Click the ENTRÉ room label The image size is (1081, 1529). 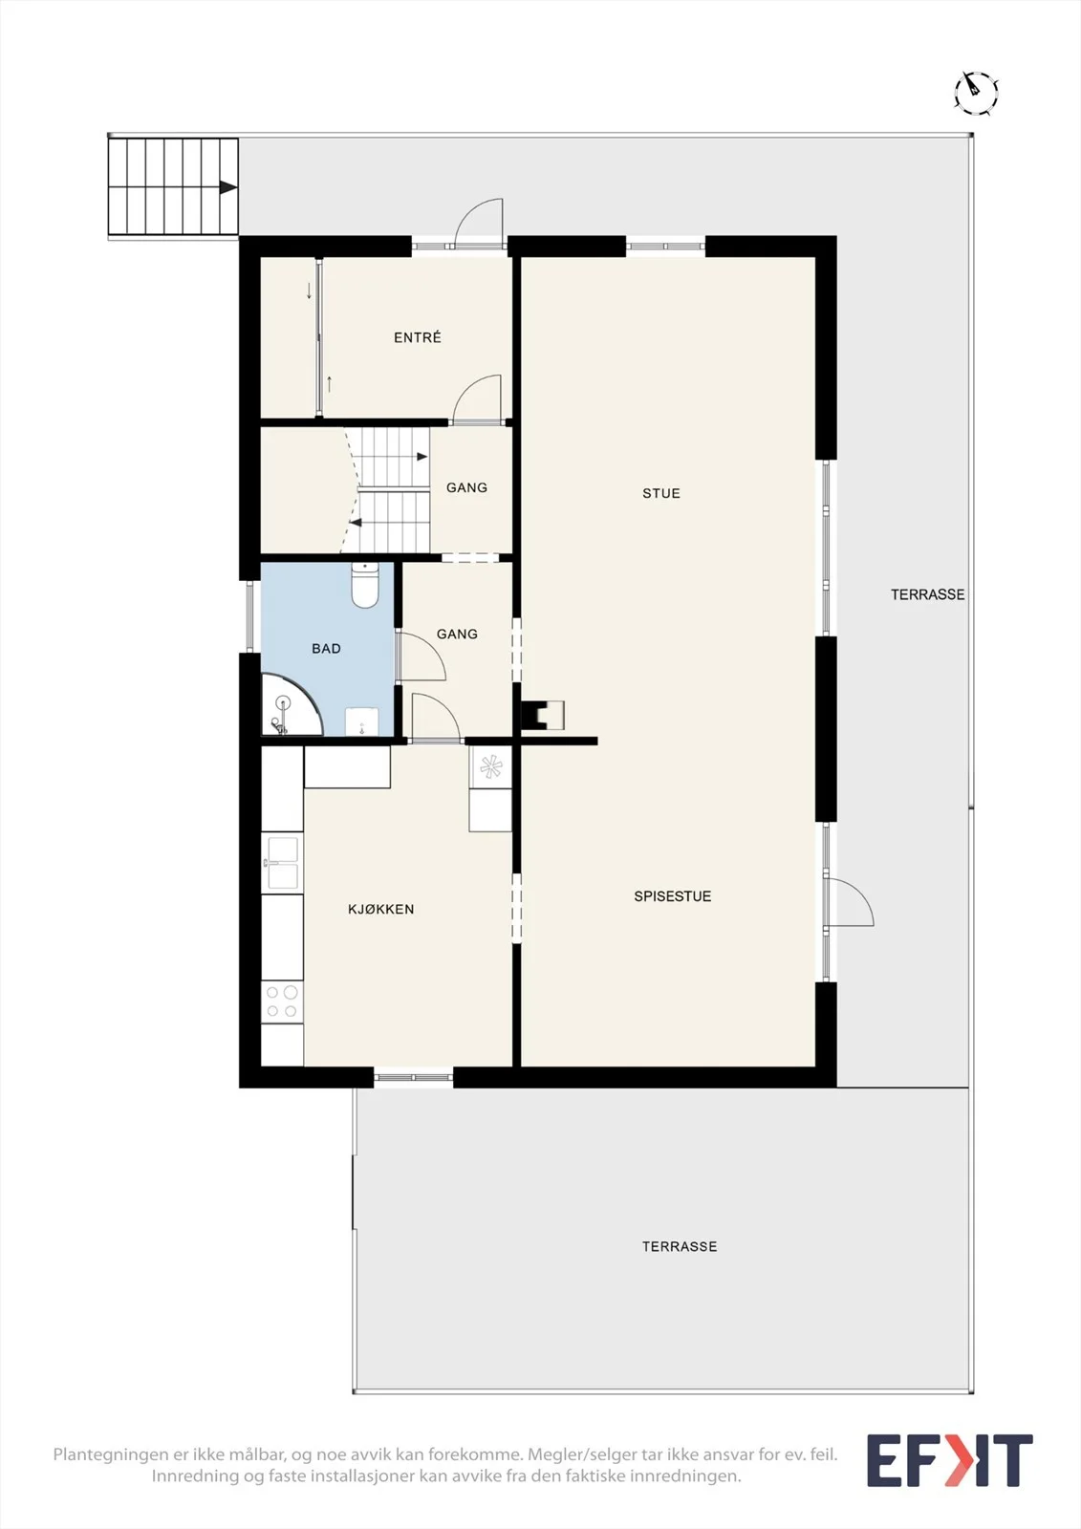coord(418,337)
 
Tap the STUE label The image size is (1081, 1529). coord(661,493)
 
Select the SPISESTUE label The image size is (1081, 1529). coord(673,896)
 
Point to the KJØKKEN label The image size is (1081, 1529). coord(381,909)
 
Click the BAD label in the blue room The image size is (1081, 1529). coord(327,649)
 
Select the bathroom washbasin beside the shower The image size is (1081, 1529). coord(361,722)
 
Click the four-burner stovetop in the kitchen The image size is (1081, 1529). coord(282,1001)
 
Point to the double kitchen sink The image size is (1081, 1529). coord(282,863)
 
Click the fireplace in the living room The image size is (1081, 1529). coord(543,716)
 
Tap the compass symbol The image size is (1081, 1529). coord(976,92)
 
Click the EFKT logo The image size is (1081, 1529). coord(950,1461)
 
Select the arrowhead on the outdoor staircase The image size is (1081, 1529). coord(228,187)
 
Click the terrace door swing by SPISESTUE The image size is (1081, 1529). coord(850,902)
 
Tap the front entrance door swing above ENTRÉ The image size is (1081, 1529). coord(479,223)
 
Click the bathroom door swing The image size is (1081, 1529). coord(422,657)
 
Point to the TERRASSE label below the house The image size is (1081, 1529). coord(680,1246)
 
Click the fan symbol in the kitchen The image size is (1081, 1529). coord(490,767)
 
